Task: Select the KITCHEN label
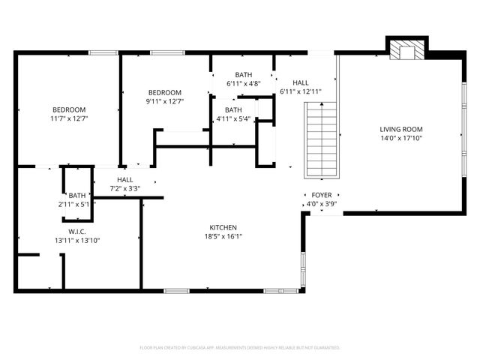coord(223,227)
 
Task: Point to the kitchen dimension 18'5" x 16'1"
coord(223,236)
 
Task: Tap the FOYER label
coord(322,195)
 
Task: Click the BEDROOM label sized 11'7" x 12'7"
coord(68,109)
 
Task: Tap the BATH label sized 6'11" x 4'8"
coord(244,75)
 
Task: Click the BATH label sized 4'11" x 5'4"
coord(233,109)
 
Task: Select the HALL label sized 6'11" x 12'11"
coord(300,82)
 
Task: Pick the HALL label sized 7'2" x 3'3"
coord(125,180)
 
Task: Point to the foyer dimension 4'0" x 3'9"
coord(322,204)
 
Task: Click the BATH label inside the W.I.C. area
coord(77,196)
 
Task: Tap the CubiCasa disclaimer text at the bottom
coord(240,348)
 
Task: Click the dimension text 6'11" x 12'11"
coord(300,91)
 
